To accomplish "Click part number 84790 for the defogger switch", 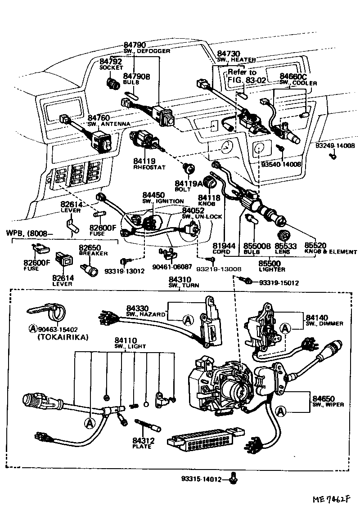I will point(135,45).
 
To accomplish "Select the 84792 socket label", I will point(111,62).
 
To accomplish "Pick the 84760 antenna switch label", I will point(99,118).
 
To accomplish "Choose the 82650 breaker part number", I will point(90,247).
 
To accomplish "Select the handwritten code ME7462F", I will point(332,500).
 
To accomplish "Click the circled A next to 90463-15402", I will point(32,329).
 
